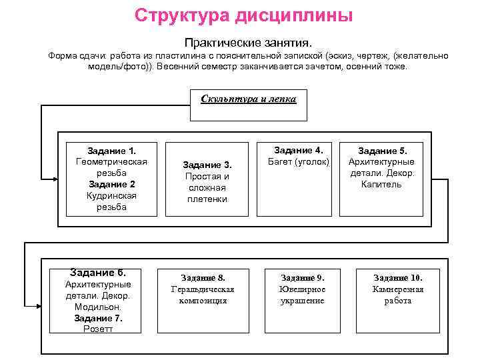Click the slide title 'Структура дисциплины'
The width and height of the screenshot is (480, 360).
(243, 15)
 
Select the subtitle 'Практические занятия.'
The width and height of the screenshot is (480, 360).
(248, 42)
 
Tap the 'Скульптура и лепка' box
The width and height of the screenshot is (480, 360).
(249, 105)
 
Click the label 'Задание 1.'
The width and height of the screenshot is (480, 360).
(111, 151)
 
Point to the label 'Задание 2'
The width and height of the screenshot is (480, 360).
(111, 184)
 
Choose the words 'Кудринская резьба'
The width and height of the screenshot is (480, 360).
(111, 201)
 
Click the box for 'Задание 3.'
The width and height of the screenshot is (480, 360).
(207, 179)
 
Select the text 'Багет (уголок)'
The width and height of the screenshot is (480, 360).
(299, 161)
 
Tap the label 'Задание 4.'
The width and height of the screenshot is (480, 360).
(299, 150)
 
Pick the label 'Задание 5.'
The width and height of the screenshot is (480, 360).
(381, 151)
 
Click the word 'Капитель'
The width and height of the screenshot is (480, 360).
(381, 184)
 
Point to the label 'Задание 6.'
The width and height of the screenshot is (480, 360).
(98, 272)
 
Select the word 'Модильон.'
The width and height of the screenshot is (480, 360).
(98, 307)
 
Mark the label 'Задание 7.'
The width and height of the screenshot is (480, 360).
(98, 318)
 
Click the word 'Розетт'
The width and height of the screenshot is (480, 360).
(98, 329)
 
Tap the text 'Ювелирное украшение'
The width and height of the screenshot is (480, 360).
(302, 295)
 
